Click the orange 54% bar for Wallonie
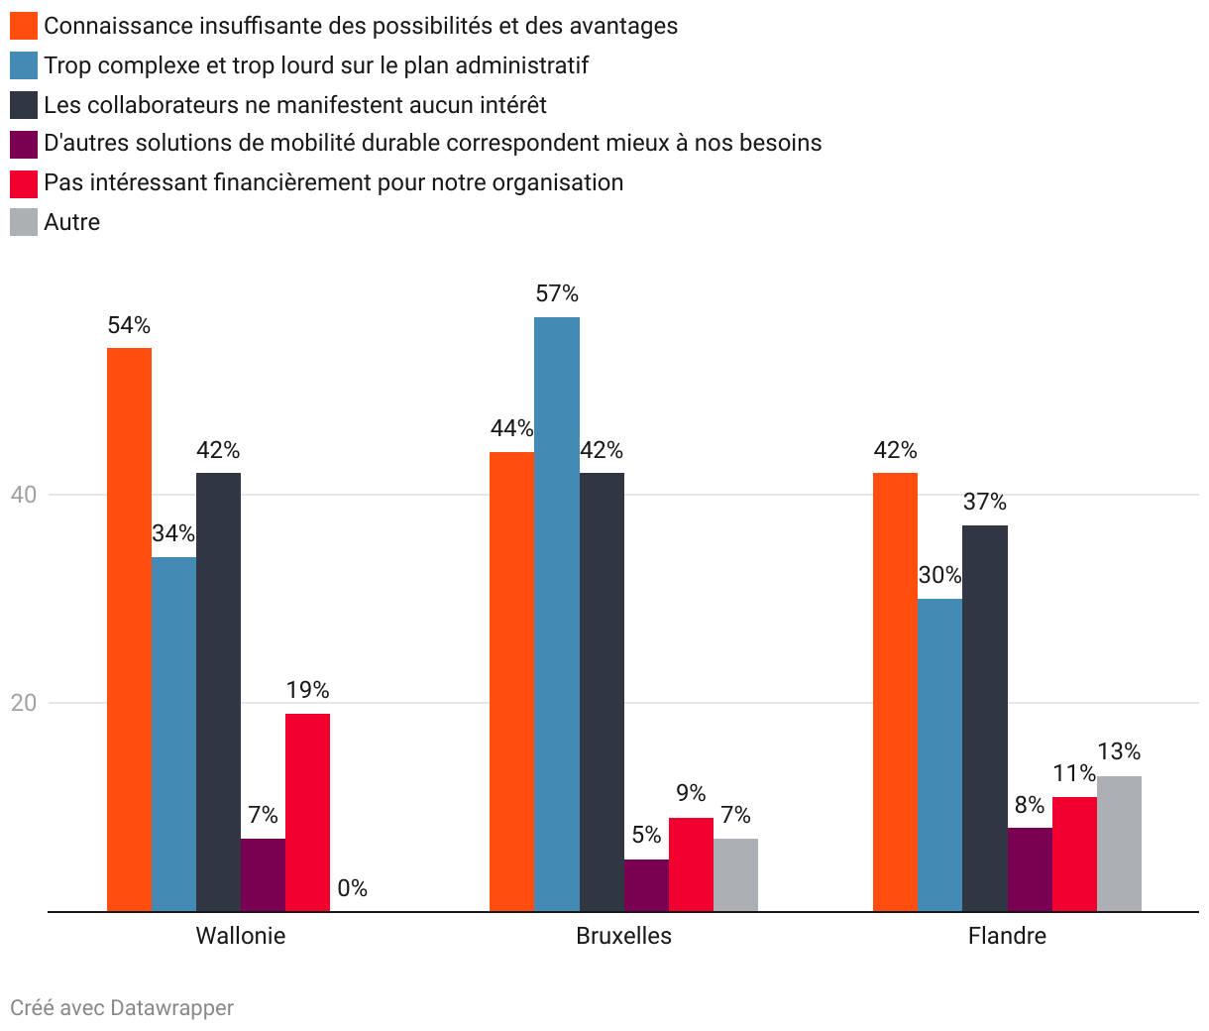[129, 630]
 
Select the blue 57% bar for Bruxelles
[557, 615]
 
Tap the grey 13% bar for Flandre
[1119, 844]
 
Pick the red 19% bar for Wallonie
[307, 813]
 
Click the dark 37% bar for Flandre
[985, 719]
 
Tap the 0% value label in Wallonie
[352, 888]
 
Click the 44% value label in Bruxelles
[511, 428]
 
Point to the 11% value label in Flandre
[1074, 773]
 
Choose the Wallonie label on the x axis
[241, 936]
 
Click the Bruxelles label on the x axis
[623, 936]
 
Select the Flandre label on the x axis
[1007, 936]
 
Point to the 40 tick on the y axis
[23, 495]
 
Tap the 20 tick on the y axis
[23, 703]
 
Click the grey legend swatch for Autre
[24, 222]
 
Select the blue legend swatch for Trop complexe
[24, 65]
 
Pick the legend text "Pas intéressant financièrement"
[333, 182]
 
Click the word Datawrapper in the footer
[171, 1008]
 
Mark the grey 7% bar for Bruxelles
[735, 875]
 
